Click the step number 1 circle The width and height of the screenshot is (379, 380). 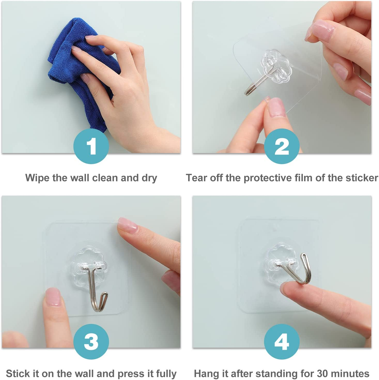point(91,146)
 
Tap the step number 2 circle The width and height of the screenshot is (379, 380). point(282,146)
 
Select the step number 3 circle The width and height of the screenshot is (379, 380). point(91,341)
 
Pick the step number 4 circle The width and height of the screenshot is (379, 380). point(282,341)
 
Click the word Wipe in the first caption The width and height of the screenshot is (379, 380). point(37,178)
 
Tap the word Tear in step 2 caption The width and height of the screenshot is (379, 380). point(197,178)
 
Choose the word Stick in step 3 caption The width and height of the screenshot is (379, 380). point(17,374)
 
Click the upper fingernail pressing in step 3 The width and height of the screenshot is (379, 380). point(127,225)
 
